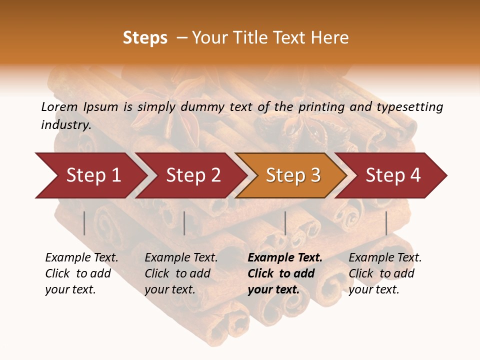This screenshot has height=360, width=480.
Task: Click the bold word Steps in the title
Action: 145,38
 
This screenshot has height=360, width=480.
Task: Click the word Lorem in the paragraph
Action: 59,106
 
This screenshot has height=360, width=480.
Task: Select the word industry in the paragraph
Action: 66,124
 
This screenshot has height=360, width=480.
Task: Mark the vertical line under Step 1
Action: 84,223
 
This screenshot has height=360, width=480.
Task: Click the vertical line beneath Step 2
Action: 184,223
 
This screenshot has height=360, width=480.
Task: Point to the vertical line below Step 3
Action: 285,223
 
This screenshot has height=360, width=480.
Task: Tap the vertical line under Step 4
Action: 386,223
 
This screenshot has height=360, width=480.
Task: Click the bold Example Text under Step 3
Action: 285,258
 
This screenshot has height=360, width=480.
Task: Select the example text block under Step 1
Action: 81,273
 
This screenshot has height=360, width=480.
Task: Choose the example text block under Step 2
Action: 181,273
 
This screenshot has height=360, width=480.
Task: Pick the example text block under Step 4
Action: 385,273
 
